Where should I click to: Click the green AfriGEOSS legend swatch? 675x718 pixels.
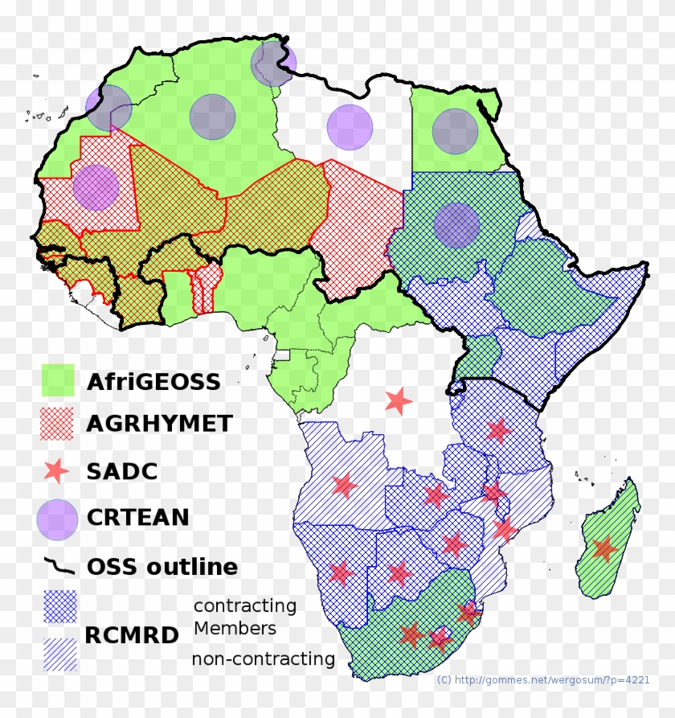[x=58, y=380]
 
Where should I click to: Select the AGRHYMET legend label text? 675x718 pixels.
[x=159, y=423]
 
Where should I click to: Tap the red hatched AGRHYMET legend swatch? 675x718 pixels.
[x=58, y=423]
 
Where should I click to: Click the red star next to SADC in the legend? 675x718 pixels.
[x=58, y=471]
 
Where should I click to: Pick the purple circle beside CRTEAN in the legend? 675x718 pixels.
[x=58, y=519]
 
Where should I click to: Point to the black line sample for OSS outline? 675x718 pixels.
[x=58, y=566]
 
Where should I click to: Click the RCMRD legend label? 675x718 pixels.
[x=132, y=635]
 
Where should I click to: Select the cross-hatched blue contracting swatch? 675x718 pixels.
[x=60, y=607]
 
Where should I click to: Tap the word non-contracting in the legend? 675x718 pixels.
[x=263, y=659]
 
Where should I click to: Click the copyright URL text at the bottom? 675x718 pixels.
[x=543, y=680]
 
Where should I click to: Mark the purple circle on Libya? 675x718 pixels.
[x=350, y=127]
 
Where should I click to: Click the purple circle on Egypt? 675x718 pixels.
[x=455, y=131]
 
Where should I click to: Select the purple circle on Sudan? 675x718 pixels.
[x=456, y=225]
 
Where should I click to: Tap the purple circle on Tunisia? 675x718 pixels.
[x=273, y=64]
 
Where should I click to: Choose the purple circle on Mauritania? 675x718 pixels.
[x=96, y=187]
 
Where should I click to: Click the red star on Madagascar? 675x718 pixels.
[x=604, y=549]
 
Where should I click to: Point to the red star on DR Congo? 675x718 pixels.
[x=398, y=400]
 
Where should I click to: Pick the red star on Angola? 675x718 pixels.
[x=344, y=485]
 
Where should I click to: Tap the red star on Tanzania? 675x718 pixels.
[x=498, y=430]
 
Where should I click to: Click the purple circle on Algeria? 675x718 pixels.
[x=212, y=117]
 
